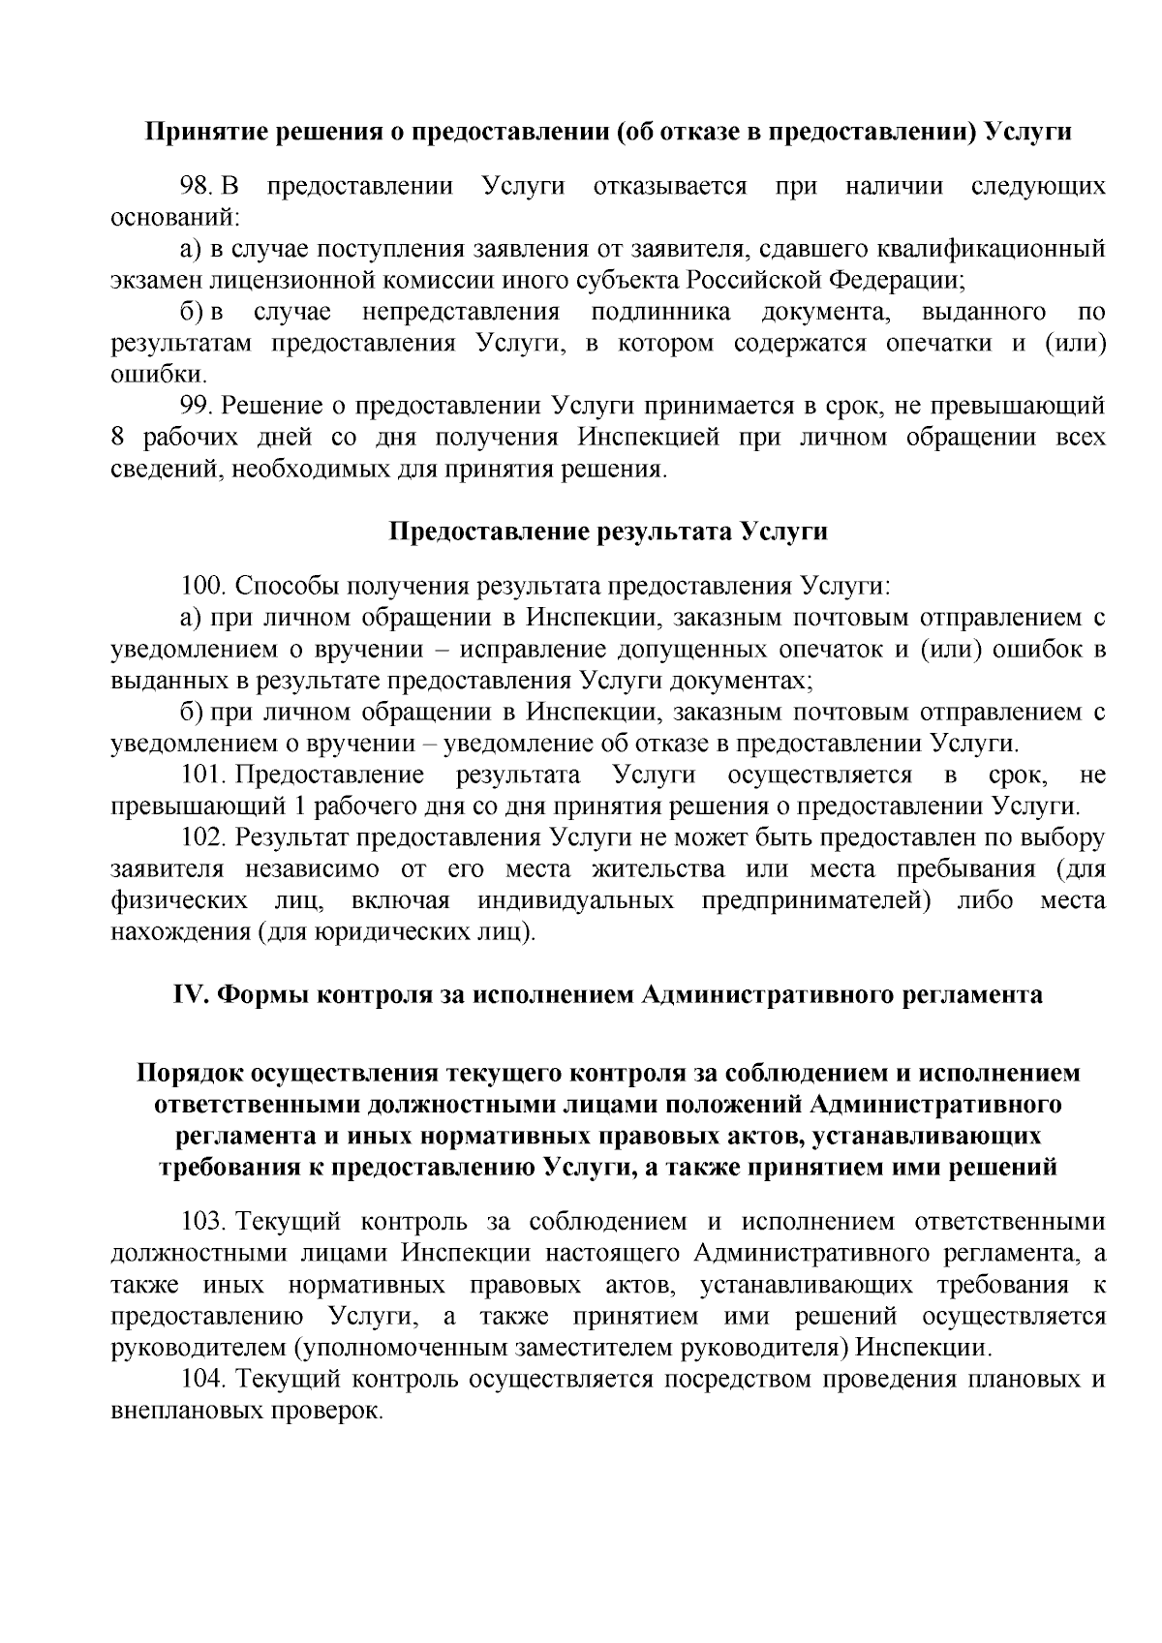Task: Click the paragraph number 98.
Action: (x=198, y=186)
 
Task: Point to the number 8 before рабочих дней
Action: (x=118, y=437)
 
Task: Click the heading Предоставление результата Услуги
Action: (x=608, y=531)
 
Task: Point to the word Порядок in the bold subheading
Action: (x=190, y=1073)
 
